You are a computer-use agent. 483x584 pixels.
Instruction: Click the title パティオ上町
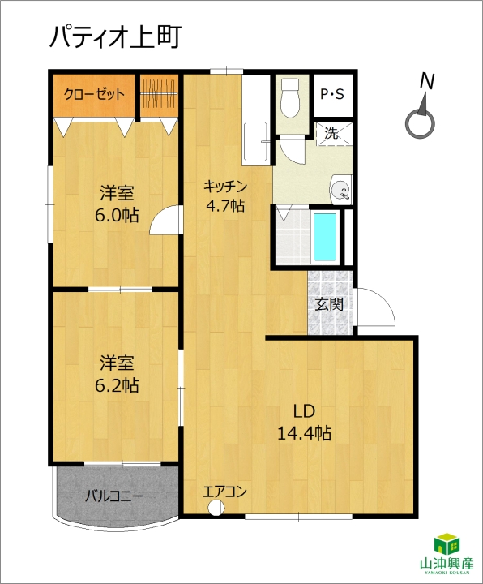(115, 37)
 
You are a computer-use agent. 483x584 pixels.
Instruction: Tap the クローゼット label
(94, 94)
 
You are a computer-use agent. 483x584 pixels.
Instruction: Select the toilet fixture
(291, 97)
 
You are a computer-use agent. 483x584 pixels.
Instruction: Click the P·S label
(332, 94)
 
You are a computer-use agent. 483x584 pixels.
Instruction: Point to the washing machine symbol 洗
(331, 132)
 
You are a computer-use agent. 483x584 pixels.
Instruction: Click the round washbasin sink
(340, 190)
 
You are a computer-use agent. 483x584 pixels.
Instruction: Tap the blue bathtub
(325, 237)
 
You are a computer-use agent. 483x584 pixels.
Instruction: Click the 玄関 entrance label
(329, 304)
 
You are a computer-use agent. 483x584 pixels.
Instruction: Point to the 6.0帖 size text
(117, 215)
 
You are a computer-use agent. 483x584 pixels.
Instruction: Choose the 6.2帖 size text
(117, 385)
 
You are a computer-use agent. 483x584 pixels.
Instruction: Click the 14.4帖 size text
(305, 433)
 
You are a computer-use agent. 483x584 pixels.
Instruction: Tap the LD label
(304, 411)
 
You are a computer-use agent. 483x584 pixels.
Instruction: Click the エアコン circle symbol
(216, 507)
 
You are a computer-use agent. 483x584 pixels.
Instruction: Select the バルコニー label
(114, 496)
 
